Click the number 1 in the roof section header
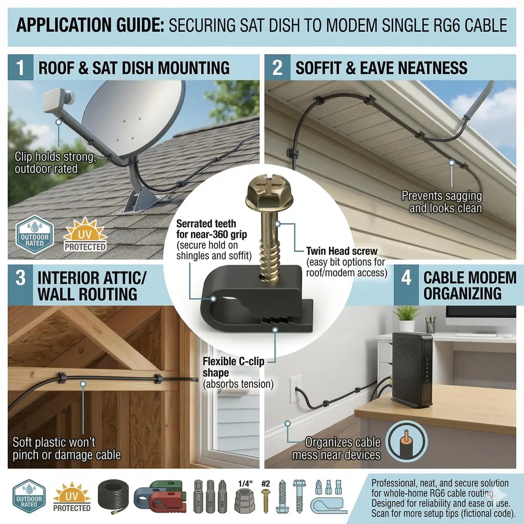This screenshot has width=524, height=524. [21, 67]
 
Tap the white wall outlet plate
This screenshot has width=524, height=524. [296, 389]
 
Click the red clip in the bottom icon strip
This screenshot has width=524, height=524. [166, 501]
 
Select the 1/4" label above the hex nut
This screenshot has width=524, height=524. [245, 484]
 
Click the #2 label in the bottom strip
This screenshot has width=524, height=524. [265, 484]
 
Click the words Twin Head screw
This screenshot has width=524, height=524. [342, 251]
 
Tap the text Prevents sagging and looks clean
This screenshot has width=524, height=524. [442, 202]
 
